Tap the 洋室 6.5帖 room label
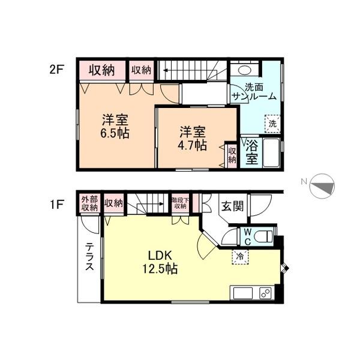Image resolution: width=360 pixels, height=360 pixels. [x=115, y=125]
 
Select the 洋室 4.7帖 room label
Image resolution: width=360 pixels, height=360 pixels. [x=192, y=138]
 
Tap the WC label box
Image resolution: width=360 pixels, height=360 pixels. [x=247, y=236]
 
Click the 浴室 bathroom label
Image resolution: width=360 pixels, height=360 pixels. [x=251, y=151]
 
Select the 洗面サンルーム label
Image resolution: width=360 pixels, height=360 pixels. [x=255, y=91]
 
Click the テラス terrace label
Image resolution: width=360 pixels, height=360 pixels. [x=89, y=256]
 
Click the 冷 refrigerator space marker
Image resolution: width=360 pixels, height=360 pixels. [x=239, y=257]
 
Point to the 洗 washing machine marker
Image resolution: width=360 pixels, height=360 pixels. [x=272, y=124]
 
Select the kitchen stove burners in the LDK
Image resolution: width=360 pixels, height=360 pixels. [x=264, y=293]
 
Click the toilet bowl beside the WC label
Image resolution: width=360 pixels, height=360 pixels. [x=264, y=236]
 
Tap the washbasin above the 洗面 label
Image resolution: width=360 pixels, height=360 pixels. [x=243, y=69]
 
